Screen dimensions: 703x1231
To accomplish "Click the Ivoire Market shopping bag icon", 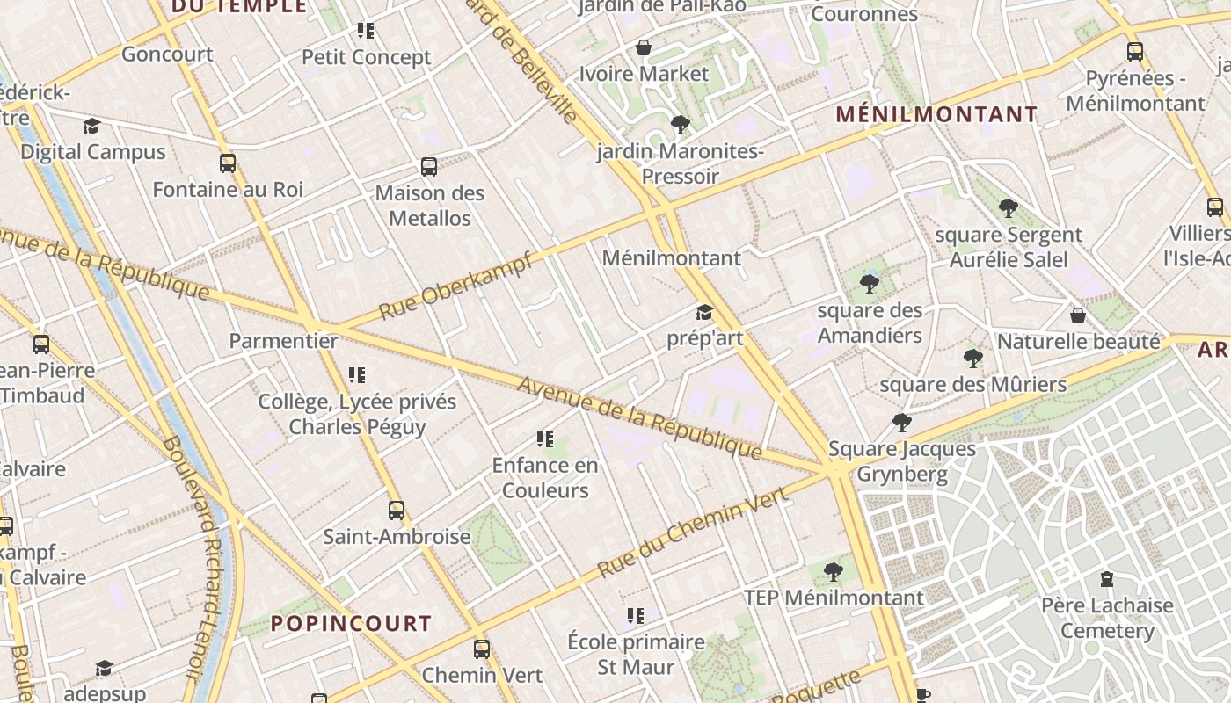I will [644, 47].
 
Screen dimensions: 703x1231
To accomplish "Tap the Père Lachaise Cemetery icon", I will [1107, 579].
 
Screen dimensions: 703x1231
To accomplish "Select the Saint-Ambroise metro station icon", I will [397, 511].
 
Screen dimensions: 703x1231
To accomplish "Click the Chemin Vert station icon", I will [482, 649].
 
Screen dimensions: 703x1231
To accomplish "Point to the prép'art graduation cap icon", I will [704, 313].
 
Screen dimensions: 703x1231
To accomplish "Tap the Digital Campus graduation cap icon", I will [91, 127].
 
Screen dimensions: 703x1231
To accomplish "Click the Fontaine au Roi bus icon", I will [228, 163].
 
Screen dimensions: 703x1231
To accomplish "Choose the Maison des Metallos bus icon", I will [429, 167].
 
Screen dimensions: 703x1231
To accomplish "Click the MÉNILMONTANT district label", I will [936, 114].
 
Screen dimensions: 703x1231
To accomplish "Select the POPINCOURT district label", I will [351, 624].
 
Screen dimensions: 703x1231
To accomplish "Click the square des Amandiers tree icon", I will [870, 284].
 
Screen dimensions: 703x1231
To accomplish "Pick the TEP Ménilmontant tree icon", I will [834, 573].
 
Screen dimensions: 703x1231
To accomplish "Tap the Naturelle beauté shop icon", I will [1078, 315].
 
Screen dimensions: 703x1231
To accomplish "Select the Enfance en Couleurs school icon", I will [545, 439].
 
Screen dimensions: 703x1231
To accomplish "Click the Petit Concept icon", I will [366, 32].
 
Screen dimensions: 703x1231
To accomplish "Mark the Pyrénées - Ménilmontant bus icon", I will [1135, 52].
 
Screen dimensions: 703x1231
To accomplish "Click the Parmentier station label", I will [284, 341].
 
